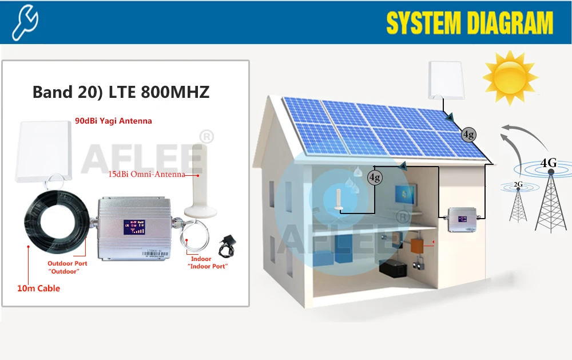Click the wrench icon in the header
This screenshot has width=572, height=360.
pos(25,22)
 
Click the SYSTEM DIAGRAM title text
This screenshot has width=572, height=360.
pos(470,23)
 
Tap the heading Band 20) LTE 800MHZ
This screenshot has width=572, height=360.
pos(121,92)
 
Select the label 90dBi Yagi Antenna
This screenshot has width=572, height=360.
pos(113,121)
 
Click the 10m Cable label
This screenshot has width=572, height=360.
pos(38,288)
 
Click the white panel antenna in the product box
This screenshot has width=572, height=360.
pos(42,152)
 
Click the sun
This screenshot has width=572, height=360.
pos(510,78)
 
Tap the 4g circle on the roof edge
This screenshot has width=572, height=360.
pos(468,135)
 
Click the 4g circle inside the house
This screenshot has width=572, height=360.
pos(375,177)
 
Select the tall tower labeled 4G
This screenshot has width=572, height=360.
pos(550,195)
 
